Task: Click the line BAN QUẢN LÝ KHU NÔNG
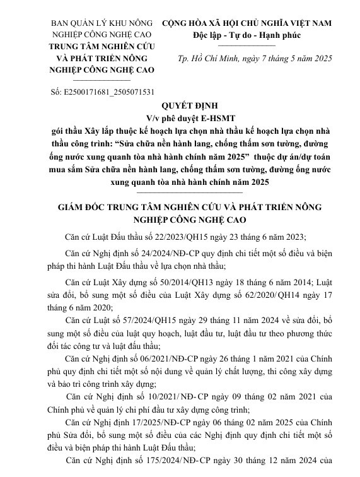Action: [x=102, y=23]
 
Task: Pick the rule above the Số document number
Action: [x=102, y=81]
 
